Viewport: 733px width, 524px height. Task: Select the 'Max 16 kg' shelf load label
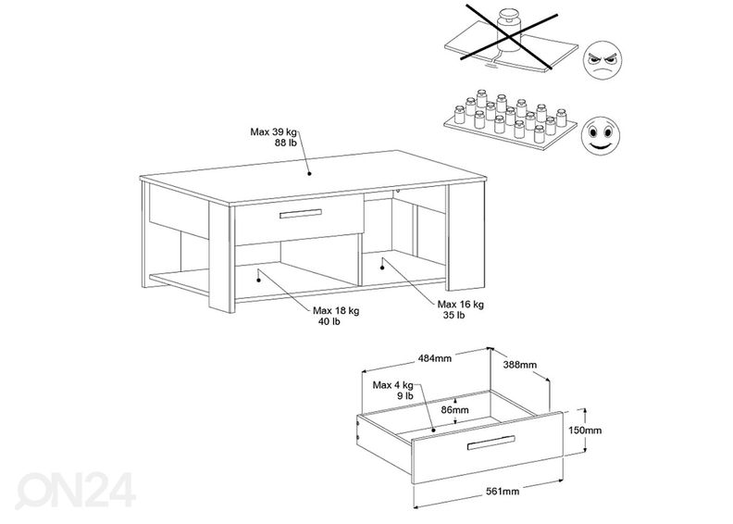point(460,304)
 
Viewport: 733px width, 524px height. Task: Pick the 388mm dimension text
point(518,365)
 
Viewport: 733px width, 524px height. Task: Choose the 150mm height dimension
point(585,430)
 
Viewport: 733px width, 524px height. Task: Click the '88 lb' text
point(284,143)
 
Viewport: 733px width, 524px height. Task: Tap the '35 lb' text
point(453,316)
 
